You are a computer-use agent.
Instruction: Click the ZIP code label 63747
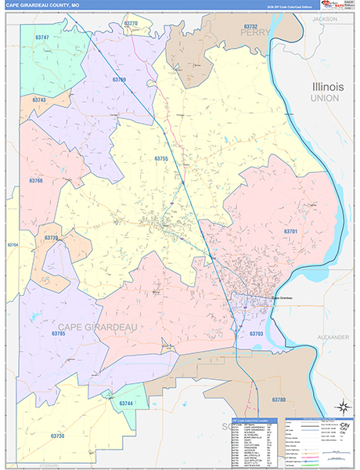[42, 38]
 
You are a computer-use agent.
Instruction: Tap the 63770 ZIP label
[131, 24]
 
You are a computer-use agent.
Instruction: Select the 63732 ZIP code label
[251, 27]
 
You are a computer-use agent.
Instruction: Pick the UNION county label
[324, 98]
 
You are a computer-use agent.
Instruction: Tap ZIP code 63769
[119, 80]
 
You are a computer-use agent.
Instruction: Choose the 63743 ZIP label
[40, 100]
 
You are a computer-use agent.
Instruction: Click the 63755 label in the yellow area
[161, 159]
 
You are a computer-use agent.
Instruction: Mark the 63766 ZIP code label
[36, 181]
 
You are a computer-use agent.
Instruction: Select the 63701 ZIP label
[290, 232]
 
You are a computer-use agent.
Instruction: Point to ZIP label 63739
[51, 237]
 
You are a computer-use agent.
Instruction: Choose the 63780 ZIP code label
[279, 399]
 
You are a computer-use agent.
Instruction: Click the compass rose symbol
[342, 407]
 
